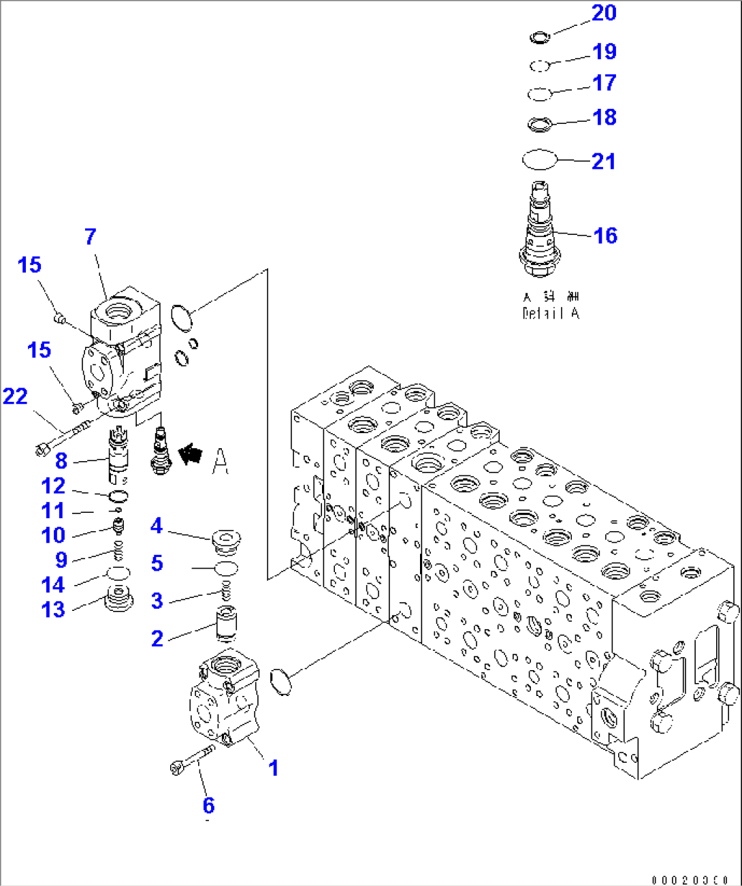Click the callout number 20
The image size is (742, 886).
click(x=604, y=13)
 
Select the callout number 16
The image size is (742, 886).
click(x=605, y=236)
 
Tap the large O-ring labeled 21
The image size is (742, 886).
click(x=540, y=160)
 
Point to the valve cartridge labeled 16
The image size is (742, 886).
click(x=541, y=232)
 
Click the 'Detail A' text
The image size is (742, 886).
click(x=551, y=313)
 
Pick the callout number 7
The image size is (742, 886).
click(x=91, y=236)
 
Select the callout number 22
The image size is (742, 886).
click(x=15, y=396)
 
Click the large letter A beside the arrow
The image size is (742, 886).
click(x=220, y=461)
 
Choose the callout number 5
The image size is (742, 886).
click(x=157, y=563)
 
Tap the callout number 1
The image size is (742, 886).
click(x=273, y=768)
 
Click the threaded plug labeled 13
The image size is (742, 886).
click(x=118, y=600)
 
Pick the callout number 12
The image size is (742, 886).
click(x=53, y=486)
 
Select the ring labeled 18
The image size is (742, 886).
click(x=540, y=124)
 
